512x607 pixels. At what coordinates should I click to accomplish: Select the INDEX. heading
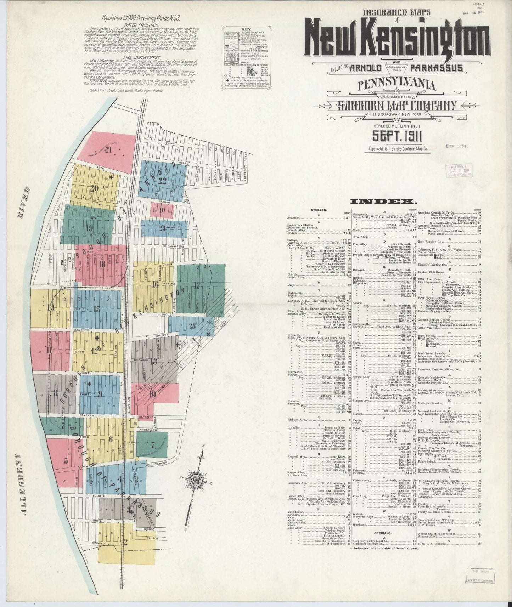383,202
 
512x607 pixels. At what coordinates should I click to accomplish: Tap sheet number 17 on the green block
197,285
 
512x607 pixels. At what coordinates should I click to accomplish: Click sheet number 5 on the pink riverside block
66,461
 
